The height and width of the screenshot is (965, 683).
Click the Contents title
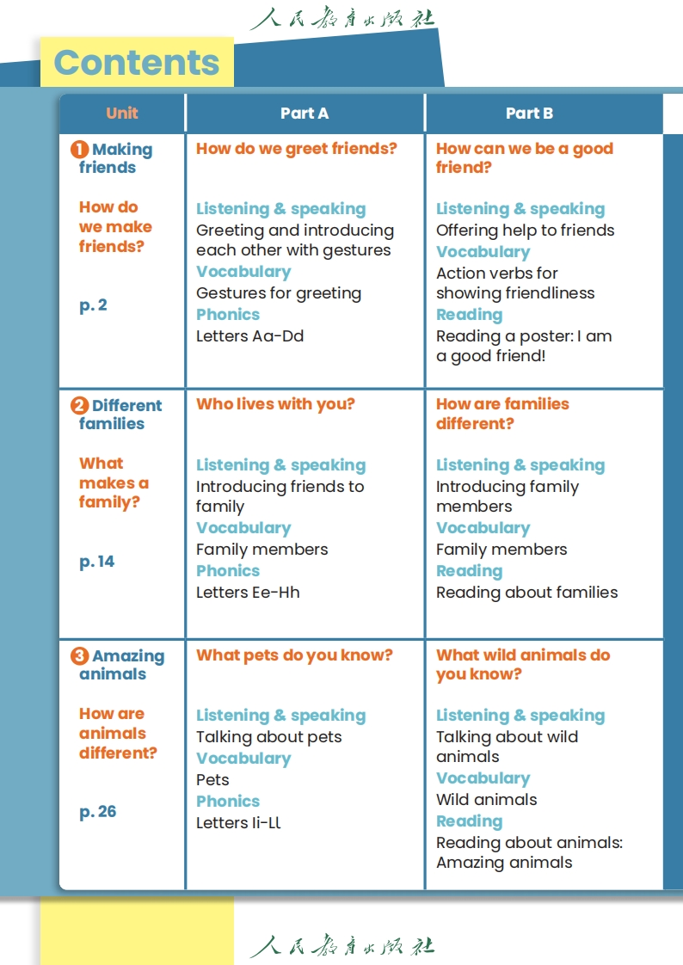tap(137, 63)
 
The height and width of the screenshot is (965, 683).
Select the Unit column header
tap(122, 113)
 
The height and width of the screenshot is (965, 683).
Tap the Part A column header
tap(305, 113)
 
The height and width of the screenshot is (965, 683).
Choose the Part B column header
tap(529, 113)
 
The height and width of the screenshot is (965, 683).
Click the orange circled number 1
tap(79, 150)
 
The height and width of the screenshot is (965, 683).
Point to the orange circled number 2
tap(79, 406)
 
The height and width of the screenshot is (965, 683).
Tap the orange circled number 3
tap(79, 656)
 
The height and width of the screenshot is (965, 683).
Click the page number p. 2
tap(93, 305)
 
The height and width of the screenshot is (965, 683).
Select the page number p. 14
tap(96, 562)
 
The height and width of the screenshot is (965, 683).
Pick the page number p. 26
tap(97, 812)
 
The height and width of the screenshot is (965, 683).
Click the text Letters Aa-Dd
tap(249, 336)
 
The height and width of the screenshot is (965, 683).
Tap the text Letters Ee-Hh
tap(248, 593)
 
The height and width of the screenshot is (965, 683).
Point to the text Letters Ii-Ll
tap(238, 823)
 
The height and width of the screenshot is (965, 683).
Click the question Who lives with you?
tap(275, 404)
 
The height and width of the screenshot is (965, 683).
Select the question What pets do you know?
tap(294, 655)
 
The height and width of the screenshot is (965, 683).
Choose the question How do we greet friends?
tap(297, 149)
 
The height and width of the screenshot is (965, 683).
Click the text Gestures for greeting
tap(279, 293)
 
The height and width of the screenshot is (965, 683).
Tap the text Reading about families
tap(526, 593)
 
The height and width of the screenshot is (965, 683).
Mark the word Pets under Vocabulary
tap(212, 780)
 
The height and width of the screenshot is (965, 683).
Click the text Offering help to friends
tap(525, 230)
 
